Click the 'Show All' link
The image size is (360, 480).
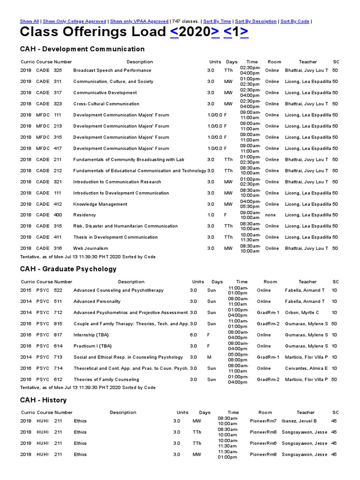[x=29, y=21]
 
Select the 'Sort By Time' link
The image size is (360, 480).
[x=217, y=21]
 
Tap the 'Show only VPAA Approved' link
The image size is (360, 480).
[x=139, y=21]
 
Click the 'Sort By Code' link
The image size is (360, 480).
[x=295, y=21]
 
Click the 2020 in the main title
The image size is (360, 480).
[x=195, y=32]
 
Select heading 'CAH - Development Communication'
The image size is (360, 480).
[x=82, y=49]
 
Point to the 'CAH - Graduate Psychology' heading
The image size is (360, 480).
[x=68, y=269]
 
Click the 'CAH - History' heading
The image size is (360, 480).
[x=43, y=400]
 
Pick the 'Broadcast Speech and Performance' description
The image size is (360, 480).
[x=112, y=70]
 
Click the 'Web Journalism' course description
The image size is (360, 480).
[x=90, y=248]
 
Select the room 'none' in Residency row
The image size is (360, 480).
[x=270, y=215]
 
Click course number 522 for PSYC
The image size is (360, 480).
[x=58, y=290]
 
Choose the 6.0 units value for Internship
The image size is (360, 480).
[x=193, y=335]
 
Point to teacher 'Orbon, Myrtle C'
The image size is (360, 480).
[x=302, y=313]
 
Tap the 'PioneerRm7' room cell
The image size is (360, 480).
[x=263, y=421]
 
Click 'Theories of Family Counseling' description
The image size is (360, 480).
[x=106, y=380]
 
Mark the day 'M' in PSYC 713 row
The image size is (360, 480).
[x=209, y=357]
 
